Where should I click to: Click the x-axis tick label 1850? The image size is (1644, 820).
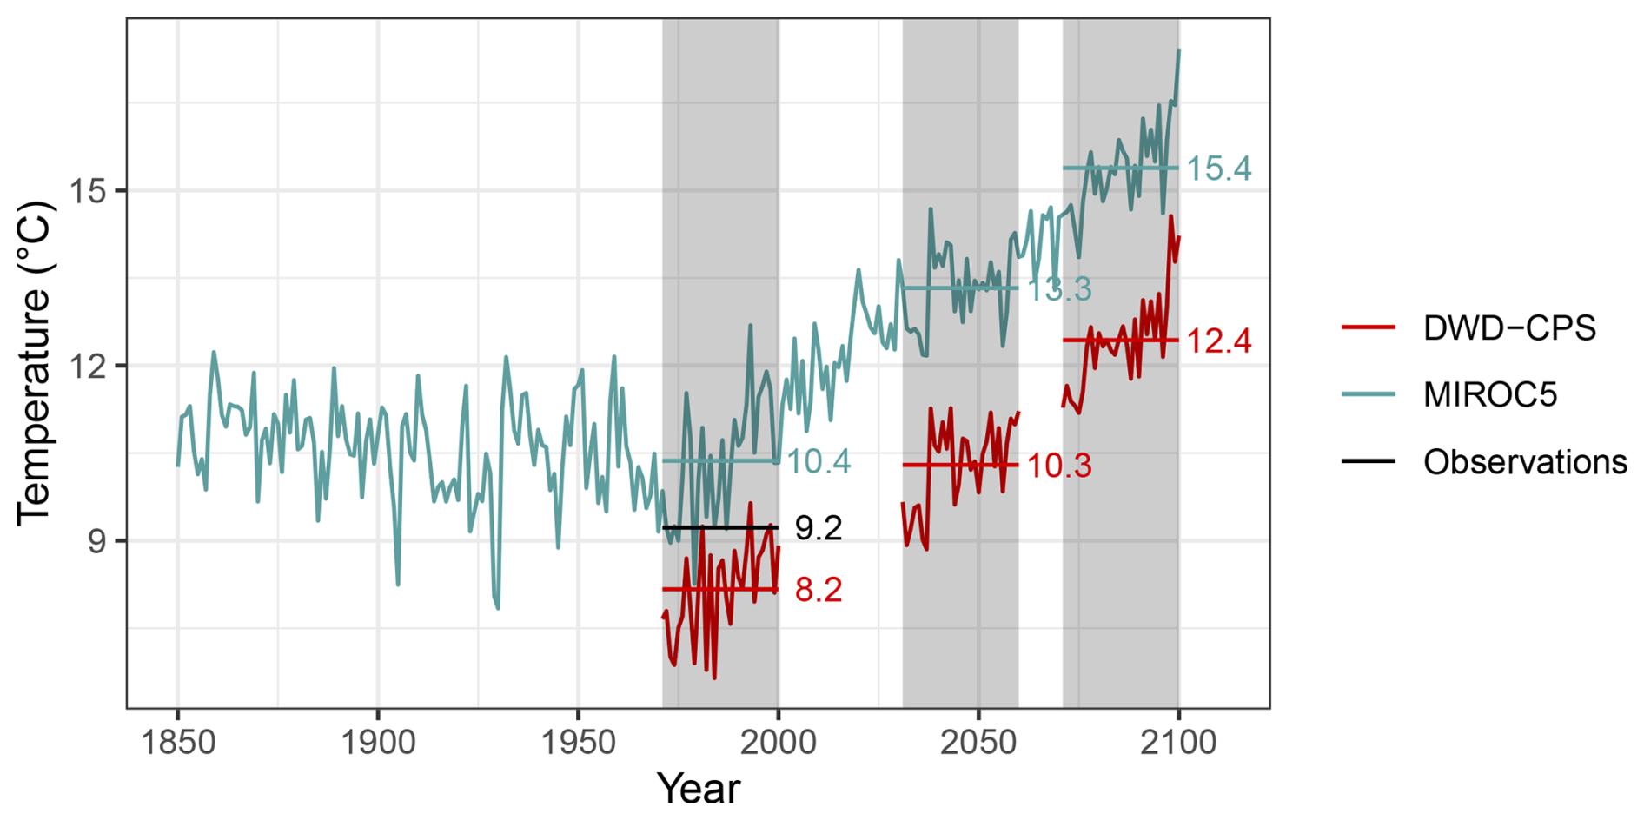(x=177, y=743)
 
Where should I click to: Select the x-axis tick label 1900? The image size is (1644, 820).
(x=378, y=743)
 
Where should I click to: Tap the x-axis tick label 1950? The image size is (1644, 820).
(x=578, y=743)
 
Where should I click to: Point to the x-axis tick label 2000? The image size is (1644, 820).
(x=779, y=743)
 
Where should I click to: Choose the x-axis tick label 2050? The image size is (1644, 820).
(x=978, y=743)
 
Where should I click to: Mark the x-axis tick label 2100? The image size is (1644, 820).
(x=1178, y=743)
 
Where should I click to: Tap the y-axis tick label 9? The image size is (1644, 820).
(x=97, y=541)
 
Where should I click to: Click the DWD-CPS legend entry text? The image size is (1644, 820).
(x=1509, y=328)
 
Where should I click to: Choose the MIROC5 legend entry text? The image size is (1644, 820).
(x=1489, y=395)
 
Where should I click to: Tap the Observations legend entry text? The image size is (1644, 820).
(x=1525, y=462)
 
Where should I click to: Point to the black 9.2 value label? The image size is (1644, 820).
(x=819, y=528)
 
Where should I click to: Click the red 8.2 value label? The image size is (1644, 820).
(x=819, y=591)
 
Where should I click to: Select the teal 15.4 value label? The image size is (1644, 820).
(x=1219, y=169)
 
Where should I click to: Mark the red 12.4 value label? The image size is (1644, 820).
(x=1219, y=341)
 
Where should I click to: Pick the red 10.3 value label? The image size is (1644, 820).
(x=1059, y=466)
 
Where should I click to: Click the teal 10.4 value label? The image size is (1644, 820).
(x=819, y=461)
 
